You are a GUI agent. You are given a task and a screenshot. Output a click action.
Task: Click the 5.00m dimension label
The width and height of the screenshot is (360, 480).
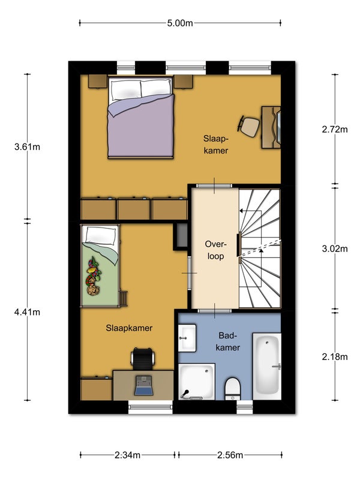pos(180,23)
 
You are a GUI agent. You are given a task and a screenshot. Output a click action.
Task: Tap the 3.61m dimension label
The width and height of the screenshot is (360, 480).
pos(27,147)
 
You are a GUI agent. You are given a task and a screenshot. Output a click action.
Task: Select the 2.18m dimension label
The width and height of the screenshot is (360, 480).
pos(335,356)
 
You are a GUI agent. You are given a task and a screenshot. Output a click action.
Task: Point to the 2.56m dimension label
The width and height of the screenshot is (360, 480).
pos(230,455)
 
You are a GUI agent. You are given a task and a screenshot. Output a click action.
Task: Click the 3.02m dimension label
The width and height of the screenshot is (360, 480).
pos(335,248)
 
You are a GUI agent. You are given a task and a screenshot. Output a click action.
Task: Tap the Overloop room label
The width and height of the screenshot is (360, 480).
pos(215,250)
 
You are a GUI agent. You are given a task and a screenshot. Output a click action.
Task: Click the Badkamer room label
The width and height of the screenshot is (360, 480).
pos(228,341)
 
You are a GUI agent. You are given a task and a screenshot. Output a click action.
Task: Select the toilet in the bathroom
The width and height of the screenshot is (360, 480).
pos(233,389)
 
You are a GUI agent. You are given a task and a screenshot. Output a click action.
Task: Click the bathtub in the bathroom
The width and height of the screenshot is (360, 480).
pos(266,366)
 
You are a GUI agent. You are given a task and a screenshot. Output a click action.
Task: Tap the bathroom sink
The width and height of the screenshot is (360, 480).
pos(187,338)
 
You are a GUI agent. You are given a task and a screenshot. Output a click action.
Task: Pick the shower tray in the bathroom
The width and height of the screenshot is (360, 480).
pos(197,382)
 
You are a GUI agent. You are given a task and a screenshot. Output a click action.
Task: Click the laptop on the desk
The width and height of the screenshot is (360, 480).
pos(143,385)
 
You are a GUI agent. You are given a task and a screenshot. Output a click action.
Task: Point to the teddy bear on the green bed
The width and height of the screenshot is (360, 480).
pos(93,290)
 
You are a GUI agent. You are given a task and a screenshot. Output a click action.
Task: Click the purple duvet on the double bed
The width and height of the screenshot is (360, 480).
pos(140,125)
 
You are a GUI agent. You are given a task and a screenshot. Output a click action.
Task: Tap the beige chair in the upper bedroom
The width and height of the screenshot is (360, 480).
pos(248,127)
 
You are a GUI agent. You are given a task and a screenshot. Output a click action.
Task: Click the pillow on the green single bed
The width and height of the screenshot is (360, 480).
pos(101,235)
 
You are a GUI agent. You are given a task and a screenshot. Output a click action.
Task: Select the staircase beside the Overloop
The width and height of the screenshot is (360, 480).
pos(260,248)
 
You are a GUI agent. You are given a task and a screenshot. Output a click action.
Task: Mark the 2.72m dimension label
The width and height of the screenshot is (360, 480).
pos(335,130)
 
